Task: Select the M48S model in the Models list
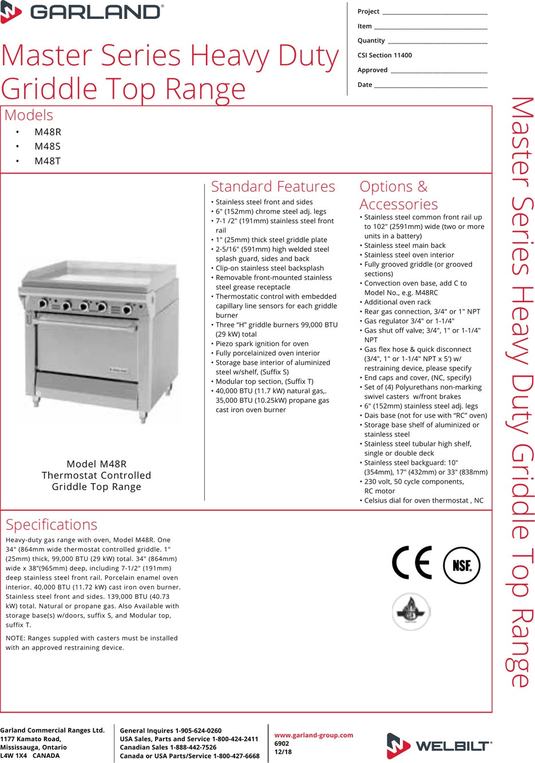coord(47,147)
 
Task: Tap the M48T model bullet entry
coord(47,161)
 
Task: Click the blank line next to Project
coord(434,12)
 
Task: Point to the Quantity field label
coord(371,41)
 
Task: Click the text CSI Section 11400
coord(385,56)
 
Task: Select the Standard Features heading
coord(273,187)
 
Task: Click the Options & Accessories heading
coord(398,195)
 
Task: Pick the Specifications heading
coord(51,524)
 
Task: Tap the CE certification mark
coord(412,563)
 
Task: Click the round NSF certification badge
coord(462,566)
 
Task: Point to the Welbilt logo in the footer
coord(439,745)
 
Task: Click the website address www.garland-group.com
coord(314,736)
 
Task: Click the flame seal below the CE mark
coord(411,612)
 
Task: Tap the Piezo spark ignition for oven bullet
coord(262,344)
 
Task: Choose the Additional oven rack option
coord(398,302)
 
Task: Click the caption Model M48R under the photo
coord(96,464)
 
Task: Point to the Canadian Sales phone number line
coord(168,748)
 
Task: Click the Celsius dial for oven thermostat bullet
coord(423,501)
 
